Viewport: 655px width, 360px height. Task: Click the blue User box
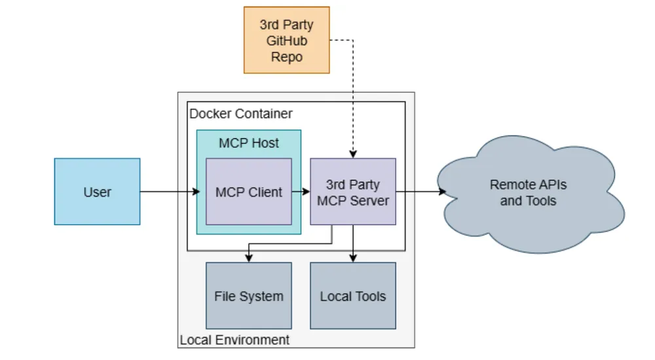[x=97, y=192]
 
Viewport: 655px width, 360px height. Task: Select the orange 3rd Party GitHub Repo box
[x=286, y=40]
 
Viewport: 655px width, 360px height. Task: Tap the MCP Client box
[x=248, y=192]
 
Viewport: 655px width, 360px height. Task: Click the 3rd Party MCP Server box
[x=352, y=192]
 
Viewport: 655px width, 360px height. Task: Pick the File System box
[x=248, y=296]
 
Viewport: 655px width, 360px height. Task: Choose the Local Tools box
[x=352, y=296]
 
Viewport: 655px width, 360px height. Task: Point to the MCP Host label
[x=248, y=143]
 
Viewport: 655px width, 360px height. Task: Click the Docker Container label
[x=241, y=114]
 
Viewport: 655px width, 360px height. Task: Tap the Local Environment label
[x=234, y=340]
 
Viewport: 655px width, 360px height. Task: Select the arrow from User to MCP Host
[x=168, y=192]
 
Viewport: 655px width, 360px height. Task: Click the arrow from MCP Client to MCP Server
[x=301, y=192]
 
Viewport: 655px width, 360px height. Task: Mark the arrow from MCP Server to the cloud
[x=419, y=192]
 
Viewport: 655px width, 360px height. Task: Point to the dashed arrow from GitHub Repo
[x=353, y=98]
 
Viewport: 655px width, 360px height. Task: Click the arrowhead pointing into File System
[x=248, y=259]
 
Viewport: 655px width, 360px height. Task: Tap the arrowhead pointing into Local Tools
[x=353, y=259]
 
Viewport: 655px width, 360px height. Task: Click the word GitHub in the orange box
[x=286, y=41]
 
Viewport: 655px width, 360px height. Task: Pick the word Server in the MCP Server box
[x=370, y=200]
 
